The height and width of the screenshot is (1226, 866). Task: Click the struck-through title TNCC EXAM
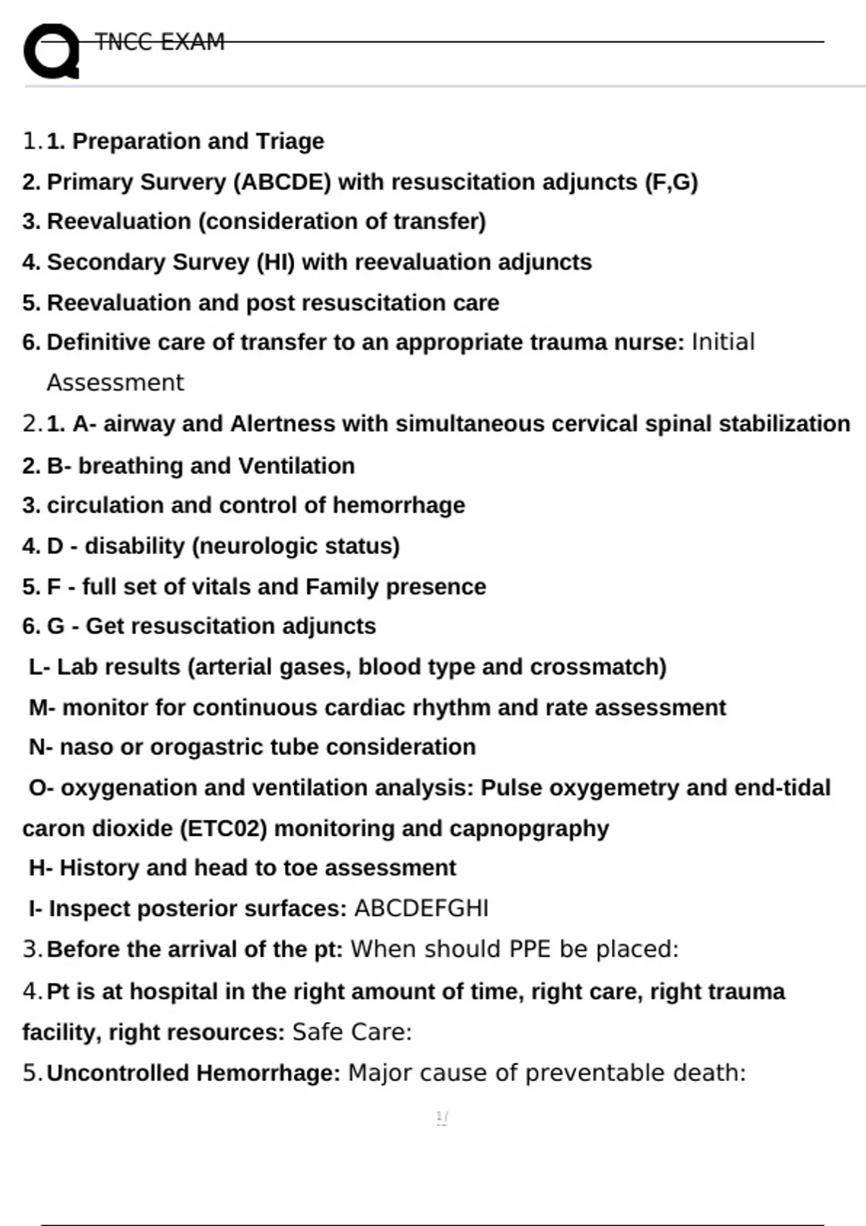pyautogui.click(x=159, y=42)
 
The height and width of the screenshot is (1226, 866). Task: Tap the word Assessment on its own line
pyautogui.click(x=115, y=382)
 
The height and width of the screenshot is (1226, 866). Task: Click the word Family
pyautogui.click(x=342, y=586)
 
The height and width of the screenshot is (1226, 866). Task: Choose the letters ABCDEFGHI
pyautogui.click(x=421, y=908)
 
